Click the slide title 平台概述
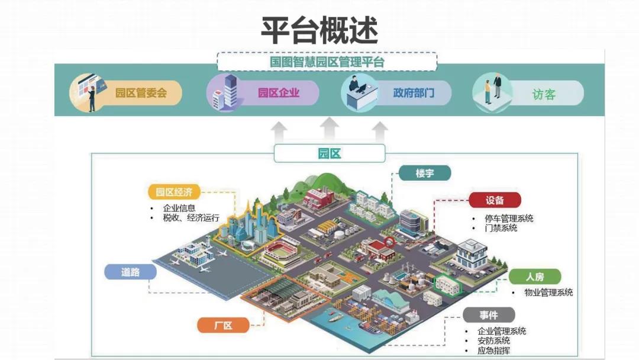click(319, 31)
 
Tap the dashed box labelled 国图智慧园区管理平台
click(327, 62)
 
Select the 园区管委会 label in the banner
click(141, 93)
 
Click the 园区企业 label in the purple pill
click(279, 93)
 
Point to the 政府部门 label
click(414, 93)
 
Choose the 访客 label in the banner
click(544, 95)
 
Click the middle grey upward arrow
click(330, 129)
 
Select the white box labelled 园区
click(330, 153)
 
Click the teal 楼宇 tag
click(425, 173)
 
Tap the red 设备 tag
click(495, 200)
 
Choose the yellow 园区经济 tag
click(174, 192)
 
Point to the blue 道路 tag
click(130, 272)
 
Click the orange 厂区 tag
click(223, 325)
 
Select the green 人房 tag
click(535, 277)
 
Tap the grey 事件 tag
click(489, 315)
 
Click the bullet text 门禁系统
click(501, 229)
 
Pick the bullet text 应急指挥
click(493, 351)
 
